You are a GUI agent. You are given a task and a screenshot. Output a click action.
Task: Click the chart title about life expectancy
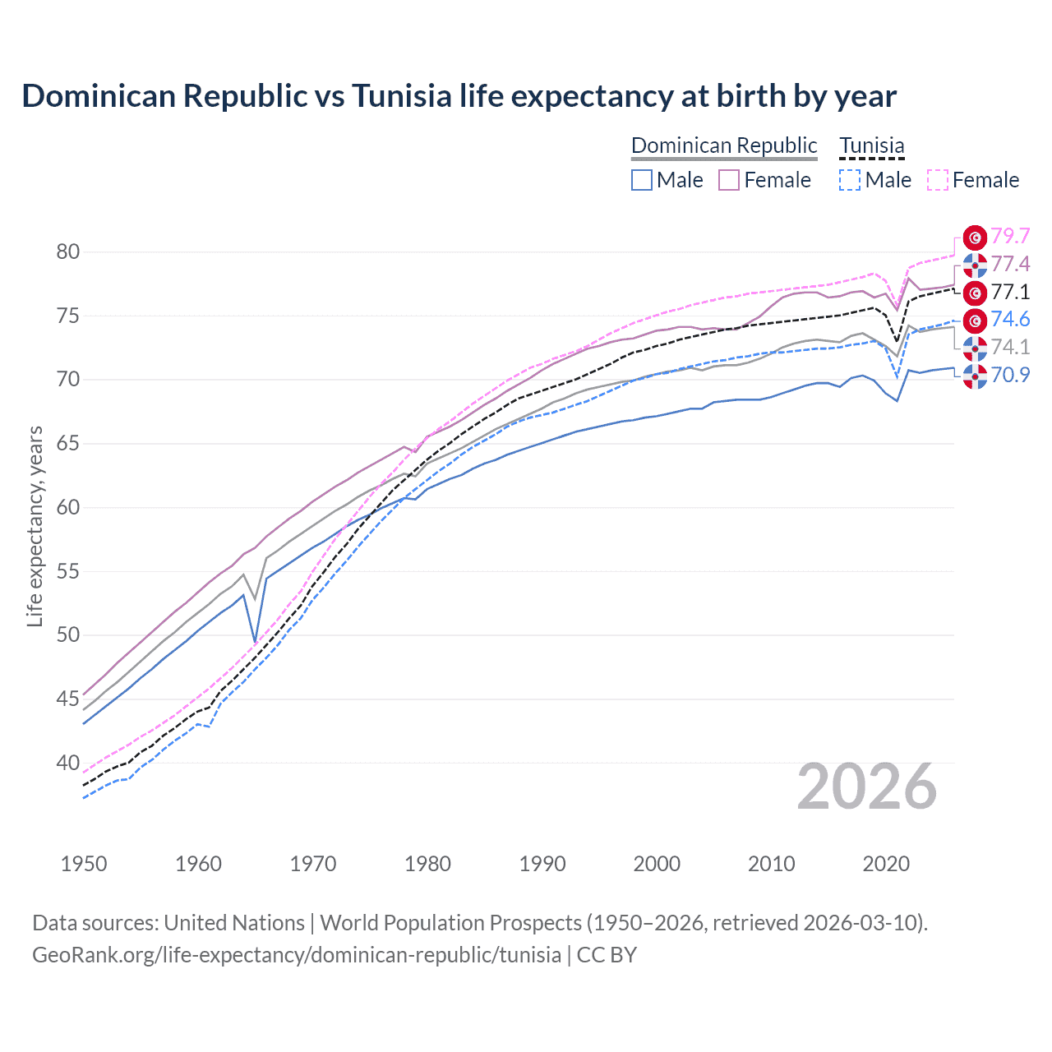pos(459,96)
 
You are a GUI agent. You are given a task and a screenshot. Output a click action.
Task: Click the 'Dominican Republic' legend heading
pos(724,145)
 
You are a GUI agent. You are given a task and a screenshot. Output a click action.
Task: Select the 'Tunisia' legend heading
pos(871,145)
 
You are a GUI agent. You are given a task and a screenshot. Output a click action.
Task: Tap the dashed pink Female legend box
pos(938,180)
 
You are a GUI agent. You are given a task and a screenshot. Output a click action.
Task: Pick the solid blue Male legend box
pos(642,180)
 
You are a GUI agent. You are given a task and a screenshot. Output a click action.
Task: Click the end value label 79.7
pos(1010,236)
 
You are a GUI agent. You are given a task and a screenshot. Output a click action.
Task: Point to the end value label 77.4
pos(1010,264)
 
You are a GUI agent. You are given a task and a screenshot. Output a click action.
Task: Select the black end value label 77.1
pos(1010,292)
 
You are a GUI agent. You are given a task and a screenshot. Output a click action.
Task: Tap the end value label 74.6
pos(1010,320)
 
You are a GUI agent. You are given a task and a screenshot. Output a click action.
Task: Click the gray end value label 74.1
pos(1010,347)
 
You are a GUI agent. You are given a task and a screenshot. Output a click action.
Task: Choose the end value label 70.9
pos(1010,375)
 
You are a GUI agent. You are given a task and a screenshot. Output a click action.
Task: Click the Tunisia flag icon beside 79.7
pos(975,238)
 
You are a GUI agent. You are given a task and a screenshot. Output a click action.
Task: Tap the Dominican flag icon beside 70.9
pos(975,376)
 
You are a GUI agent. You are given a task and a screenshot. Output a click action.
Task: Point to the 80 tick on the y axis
pos(68,251)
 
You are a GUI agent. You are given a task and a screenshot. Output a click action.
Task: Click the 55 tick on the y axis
pos(68,571)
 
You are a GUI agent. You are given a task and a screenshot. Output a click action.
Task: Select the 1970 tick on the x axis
pos(313,864)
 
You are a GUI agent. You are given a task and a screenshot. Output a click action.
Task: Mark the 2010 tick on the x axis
pos(771,864)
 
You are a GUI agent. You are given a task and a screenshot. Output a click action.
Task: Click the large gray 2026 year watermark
pos(866,787)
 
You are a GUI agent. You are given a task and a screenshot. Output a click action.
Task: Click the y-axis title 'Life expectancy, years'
pos(35,526)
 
